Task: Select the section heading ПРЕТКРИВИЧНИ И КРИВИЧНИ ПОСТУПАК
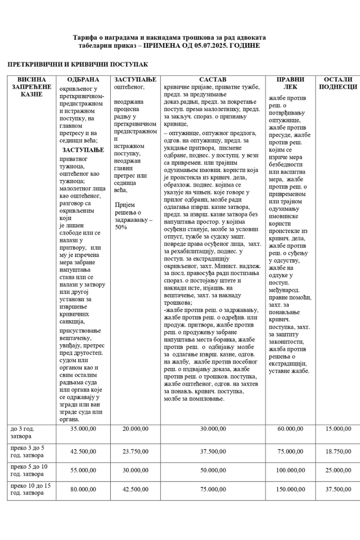coord(78,65)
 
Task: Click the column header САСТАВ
coord(213,80)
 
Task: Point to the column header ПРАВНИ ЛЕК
coord(290,83)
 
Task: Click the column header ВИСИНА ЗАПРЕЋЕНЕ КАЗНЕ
coord(31,87)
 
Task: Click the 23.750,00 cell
coord(135,451)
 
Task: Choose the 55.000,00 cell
coord(83,470)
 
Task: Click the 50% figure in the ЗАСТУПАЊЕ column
coord(121,227)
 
